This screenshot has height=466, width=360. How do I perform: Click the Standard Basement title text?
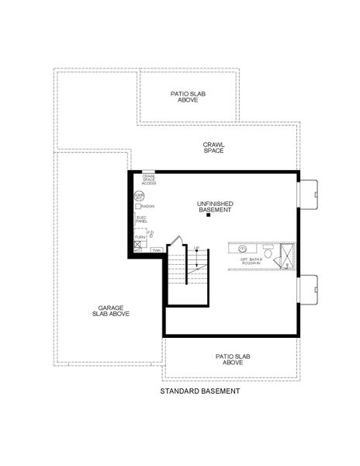199,391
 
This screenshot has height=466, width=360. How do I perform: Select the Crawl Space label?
213,147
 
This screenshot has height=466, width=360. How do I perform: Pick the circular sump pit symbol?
139,196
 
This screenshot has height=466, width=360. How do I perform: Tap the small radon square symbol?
138,207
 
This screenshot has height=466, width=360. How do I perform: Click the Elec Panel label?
141,220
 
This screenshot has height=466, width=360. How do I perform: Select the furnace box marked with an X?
138,243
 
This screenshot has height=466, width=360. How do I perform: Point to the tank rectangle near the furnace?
156,250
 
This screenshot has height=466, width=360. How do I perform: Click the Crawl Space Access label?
149,179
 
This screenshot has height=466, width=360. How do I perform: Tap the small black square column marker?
208,216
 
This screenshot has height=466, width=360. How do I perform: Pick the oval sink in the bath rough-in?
241,249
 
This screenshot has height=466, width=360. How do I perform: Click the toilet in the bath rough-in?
268,252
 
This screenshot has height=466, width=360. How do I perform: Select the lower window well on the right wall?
308,290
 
